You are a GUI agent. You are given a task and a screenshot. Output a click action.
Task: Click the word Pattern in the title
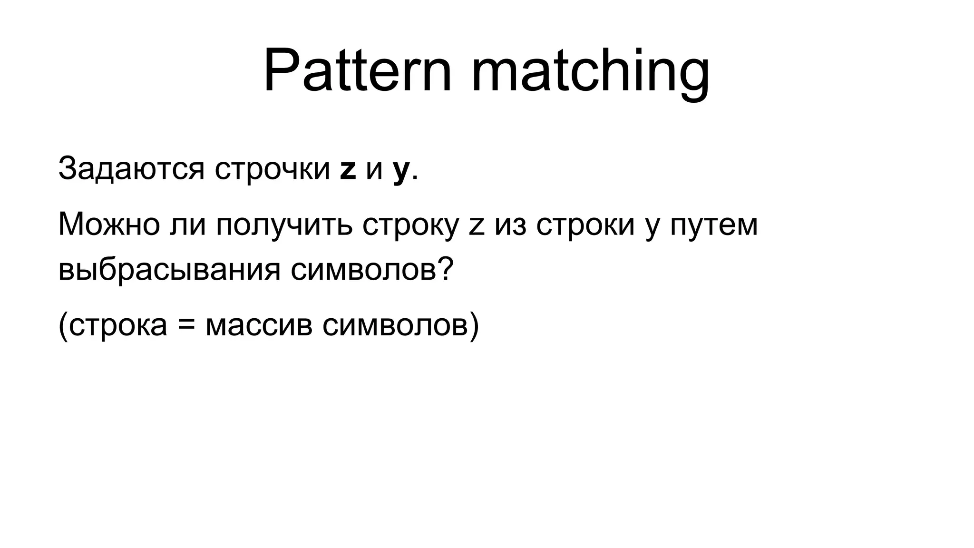357,71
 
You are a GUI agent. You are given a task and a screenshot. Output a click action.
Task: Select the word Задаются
131,169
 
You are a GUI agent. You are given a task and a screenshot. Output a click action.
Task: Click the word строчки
272,169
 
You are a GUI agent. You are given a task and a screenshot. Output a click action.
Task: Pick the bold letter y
401,171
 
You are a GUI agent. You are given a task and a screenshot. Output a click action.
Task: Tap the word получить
283,225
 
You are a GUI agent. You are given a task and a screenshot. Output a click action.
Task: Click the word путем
714,225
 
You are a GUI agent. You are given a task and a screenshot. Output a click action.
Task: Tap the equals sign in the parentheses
186,326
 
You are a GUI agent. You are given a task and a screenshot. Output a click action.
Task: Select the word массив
259,326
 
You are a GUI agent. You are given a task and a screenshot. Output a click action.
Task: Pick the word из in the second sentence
510,225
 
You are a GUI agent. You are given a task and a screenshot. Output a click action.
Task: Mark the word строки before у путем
585,225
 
